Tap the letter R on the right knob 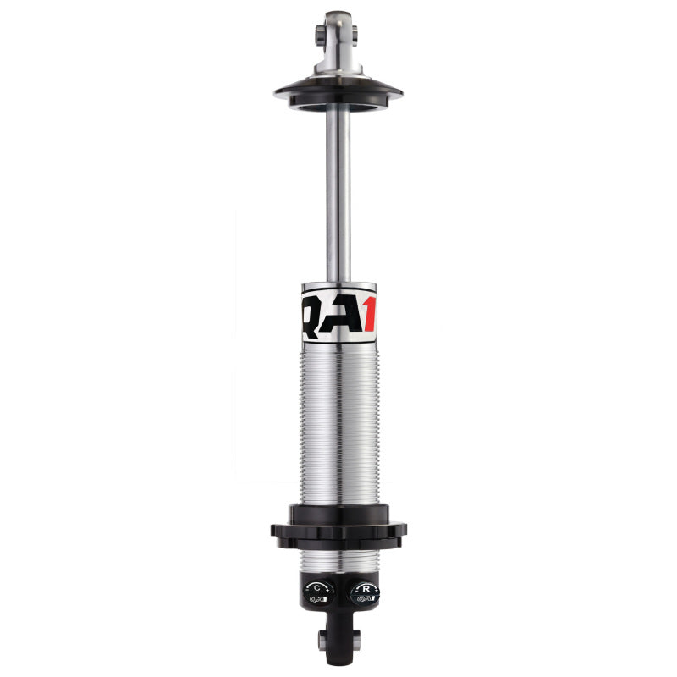pyautogui.click(x=365, y=586)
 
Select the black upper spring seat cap pyautogui.click(x=338, y=91)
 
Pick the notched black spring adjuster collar pyautogui.click(x=338, y=528)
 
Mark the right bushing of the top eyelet pyautogui.click(x=355, y=34)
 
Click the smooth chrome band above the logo pyautogui.click(x=338, y=287)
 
